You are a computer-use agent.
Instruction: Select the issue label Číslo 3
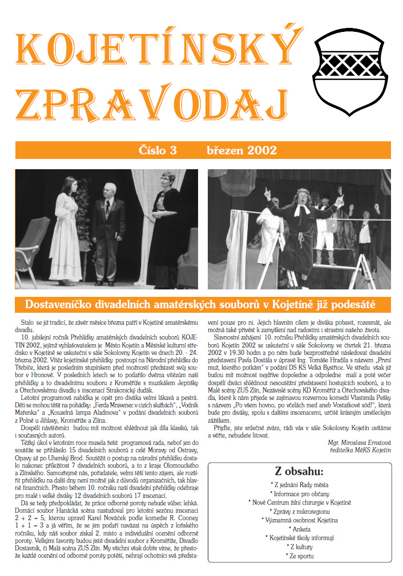click(x=158, y=150)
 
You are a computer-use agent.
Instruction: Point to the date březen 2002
click(x=241, y=150)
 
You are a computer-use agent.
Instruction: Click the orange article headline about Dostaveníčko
click(x=203, y=303)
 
